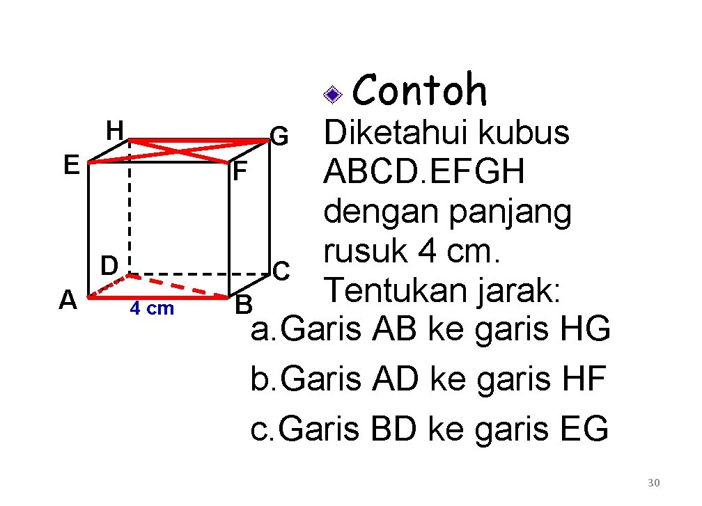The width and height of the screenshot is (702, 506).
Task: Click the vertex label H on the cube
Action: [115, 129]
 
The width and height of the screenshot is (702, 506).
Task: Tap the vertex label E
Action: [70, 165]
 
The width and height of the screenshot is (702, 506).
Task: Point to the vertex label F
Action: [239, 171]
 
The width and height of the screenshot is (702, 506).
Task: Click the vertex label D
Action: [108, 265]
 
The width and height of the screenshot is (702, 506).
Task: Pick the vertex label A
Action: [68, 299]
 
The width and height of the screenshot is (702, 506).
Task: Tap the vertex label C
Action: [281, 269]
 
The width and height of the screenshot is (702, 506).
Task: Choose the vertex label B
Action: [243, 304]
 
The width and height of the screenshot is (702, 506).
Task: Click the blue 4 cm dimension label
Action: [152, 308]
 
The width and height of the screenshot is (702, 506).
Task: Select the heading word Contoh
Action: [420, 90]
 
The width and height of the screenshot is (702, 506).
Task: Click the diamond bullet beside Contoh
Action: [333, 94]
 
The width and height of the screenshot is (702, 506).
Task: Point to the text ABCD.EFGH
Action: [424, 172]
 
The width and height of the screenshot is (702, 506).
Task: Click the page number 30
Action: [653, 483]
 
